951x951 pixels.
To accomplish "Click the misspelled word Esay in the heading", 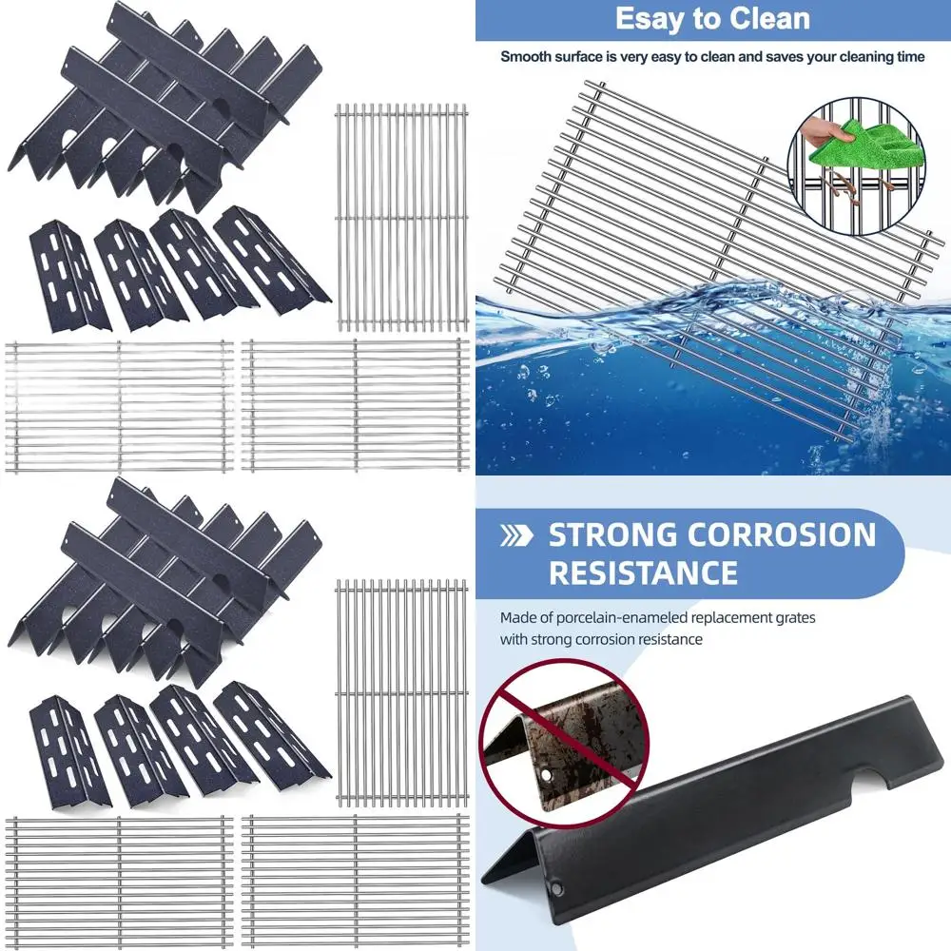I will (x=649, y=19).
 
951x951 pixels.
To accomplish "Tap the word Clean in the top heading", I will (x=764, y=19).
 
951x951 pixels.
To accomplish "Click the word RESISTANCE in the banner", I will (x=643, y=573).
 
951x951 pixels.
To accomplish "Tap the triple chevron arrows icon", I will (x=517, y=536).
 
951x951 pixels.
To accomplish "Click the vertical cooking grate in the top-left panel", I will (x=401, y=218).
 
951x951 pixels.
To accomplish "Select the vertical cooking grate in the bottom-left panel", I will (x=401, y=692).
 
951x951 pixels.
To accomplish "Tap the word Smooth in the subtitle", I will (x=525, y=57).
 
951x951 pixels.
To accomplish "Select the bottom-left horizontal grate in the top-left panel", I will (x=119, y=406).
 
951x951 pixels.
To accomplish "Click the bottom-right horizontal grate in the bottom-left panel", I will (x=355, y=881).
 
